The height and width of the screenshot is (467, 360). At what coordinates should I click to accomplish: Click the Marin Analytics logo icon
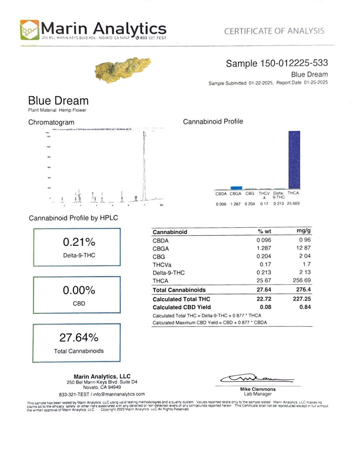click(x=30, y=30)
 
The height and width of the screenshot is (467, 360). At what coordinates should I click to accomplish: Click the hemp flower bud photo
click(x=122, y=69)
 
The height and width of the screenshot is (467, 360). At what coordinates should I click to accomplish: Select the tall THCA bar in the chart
click(x=294, y=160)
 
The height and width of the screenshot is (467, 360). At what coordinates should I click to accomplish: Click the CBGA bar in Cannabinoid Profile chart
click(x=236, y=188)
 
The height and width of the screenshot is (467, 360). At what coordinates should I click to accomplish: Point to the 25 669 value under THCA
click(x=293, y=203)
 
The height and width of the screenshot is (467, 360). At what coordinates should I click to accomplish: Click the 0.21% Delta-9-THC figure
click(x=79, y=242)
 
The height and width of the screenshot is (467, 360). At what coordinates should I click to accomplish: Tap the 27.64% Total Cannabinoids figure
click(x=79, y=338)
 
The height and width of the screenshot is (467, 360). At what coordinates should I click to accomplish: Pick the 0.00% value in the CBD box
click(x=79, y=290)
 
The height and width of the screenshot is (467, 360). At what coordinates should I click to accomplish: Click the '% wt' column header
click(x=264, y=231)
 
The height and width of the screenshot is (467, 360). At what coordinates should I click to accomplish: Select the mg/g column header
click(x=303, y=231)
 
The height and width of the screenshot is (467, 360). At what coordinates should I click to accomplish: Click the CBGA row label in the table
click(x=161, y=249)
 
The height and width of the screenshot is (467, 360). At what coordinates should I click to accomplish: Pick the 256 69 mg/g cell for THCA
click(x=301, y=280)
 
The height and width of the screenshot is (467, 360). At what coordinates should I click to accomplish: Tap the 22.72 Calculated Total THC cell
click(x=264, y=299)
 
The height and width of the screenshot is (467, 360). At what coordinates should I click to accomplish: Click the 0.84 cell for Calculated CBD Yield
click(x=305, y=307)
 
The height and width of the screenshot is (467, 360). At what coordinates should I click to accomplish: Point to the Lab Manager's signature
click(x=257, y=378)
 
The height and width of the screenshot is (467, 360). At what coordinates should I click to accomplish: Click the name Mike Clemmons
click(x=258, y=389)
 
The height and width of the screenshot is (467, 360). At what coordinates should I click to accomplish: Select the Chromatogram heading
click(x=51, y=122)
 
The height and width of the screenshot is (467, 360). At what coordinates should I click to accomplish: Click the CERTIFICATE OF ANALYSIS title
click(x=274, y=31)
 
